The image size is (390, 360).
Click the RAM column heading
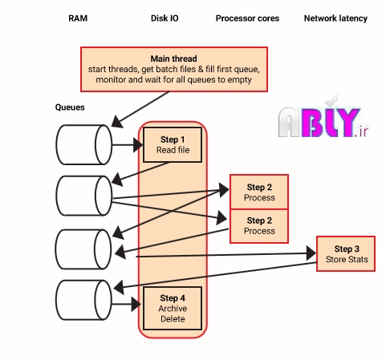(x=78, y=18)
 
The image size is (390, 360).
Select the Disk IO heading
(x=165, y=18)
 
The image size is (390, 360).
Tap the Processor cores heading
(x=247, y=18)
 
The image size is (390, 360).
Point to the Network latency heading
(x=335, y=18)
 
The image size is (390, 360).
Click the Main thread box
(x=174, y=69)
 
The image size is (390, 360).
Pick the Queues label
(x=70, y=107)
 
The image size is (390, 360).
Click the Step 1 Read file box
(x=173, y=144)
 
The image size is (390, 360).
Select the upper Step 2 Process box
(x=259, y=192)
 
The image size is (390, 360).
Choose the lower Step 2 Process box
(x=259, y=226)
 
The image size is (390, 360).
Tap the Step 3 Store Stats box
(x=346, y=253)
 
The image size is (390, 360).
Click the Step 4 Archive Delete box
(x=173, y=309)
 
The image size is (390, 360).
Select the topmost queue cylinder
(x=84, y=144)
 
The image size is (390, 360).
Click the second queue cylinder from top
(x=84, y=196)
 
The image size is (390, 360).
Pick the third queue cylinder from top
(x=84, y=249)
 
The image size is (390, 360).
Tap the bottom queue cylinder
(x=84, y=300)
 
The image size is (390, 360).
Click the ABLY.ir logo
(x=323, y=120)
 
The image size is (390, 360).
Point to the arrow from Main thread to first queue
(x=140, y=109)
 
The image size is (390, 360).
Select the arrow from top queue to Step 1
(x=128, y=145)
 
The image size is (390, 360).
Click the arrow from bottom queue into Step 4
(x=126, y=304)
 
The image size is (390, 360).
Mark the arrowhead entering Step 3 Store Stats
(x=311, y=253)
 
